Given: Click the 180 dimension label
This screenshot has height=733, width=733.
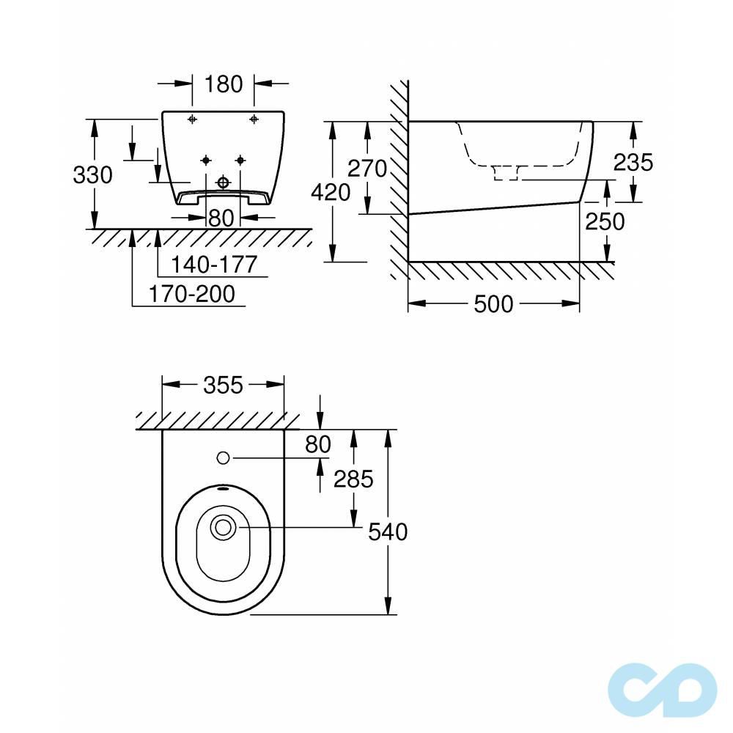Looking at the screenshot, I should pyautogui.click(x=223, y=84).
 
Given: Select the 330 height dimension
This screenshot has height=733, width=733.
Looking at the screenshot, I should pyautogui.click(x=92, y=175).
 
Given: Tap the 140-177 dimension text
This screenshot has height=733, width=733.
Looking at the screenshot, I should pyautogui.click(x=214, y=264).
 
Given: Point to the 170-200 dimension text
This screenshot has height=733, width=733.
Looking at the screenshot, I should pyautogui.click(x=192, y=294).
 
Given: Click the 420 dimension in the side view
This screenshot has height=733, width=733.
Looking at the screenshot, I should pyautogui.click(x=331, y=192).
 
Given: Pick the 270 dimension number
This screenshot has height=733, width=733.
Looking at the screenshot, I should pyautogui.click(x=366, y=169).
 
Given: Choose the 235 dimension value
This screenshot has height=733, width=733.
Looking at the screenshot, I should pyautogui.click(x=633, y=162).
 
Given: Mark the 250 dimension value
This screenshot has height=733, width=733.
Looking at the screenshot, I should pyautogui.click(x=605, y=221).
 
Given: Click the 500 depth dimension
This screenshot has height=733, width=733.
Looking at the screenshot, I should pyautogui.click(x=493, y=304).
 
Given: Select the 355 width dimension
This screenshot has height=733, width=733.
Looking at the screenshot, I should pyautogui.click(x=222, y=385).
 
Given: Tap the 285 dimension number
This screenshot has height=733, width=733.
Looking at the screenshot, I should pyautogui.click(x=353, y=479).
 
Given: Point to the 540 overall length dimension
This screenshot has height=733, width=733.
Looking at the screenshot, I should pyautogui.click(x=387, y=531).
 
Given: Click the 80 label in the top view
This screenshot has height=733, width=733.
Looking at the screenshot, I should pyautogui.click(x=317, y=443).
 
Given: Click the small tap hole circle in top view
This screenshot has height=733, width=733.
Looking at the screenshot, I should pyautogui.click(x=224, y=458).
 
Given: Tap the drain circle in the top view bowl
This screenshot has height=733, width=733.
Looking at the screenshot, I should pyautogui.click(x=223, y=526).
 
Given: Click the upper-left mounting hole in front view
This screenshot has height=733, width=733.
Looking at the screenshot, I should pyautogui.click(x=192, y=119).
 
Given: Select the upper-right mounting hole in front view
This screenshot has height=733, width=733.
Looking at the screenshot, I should pyautogui.click(x=254, y=119).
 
